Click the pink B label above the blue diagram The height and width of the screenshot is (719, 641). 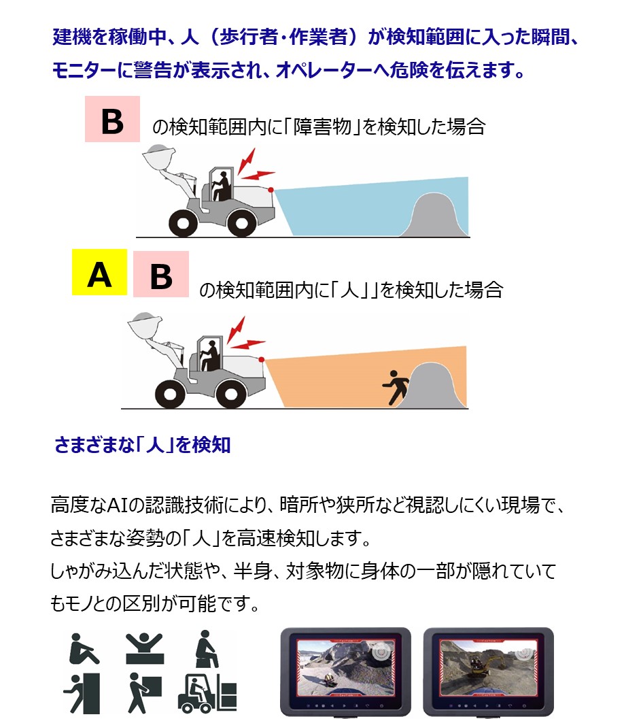click(112, 119)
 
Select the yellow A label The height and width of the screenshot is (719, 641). click(99, 272)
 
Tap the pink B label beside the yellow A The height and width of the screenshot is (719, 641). click(161, 273)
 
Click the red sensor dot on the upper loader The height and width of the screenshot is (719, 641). click(271, 189)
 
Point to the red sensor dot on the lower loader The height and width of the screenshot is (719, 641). click(261, 359)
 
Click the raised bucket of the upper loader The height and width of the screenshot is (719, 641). click(159, 156)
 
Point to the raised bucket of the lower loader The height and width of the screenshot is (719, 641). click(145, 325)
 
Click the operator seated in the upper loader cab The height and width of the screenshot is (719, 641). click(222, 186)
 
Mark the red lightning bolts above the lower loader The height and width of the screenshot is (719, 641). click(245, 333)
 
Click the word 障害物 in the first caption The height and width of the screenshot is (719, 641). click(322, 127)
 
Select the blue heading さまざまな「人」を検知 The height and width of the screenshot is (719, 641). click(143, 445)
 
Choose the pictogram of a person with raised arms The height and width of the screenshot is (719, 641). click(144, 648)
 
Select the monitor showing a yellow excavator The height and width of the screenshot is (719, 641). click(489, 671)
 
